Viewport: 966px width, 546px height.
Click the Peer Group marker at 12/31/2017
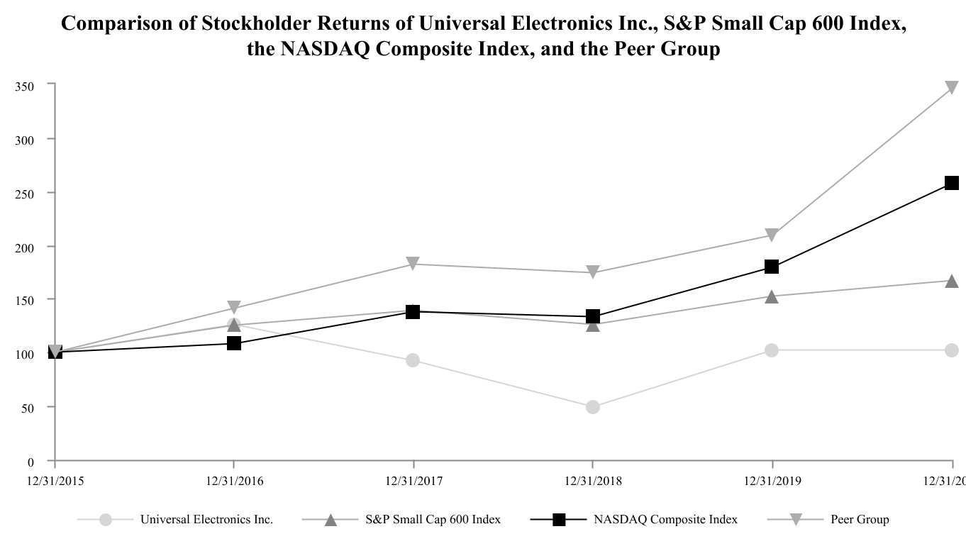point(413,264)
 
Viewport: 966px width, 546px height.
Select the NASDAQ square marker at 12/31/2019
point(772,267)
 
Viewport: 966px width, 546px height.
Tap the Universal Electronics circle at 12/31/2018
point(593,407)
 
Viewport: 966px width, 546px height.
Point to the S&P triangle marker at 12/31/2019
point(772,296)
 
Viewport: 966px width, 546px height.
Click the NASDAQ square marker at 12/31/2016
point(234,343)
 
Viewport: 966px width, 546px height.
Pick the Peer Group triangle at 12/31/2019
point(772,235)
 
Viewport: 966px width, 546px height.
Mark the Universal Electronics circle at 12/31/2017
point(413,360)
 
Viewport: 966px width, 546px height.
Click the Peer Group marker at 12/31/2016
point(234,308)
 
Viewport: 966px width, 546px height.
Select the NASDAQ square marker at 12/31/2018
point(593,316)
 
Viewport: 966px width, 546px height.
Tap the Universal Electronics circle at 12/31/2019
point(772,350)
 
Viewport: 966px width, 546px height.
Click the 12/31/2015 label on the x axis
point(55,481)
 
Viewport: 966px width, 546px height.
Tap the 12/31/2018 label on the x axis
point(593,481)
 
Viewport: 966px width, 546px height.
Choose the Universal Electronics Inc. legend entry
point(206,520)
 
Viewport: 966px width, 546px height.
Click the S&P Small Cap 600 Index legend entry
point(433,520)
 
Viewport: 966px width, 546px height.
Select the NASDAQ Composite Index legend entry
point(665,520)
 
